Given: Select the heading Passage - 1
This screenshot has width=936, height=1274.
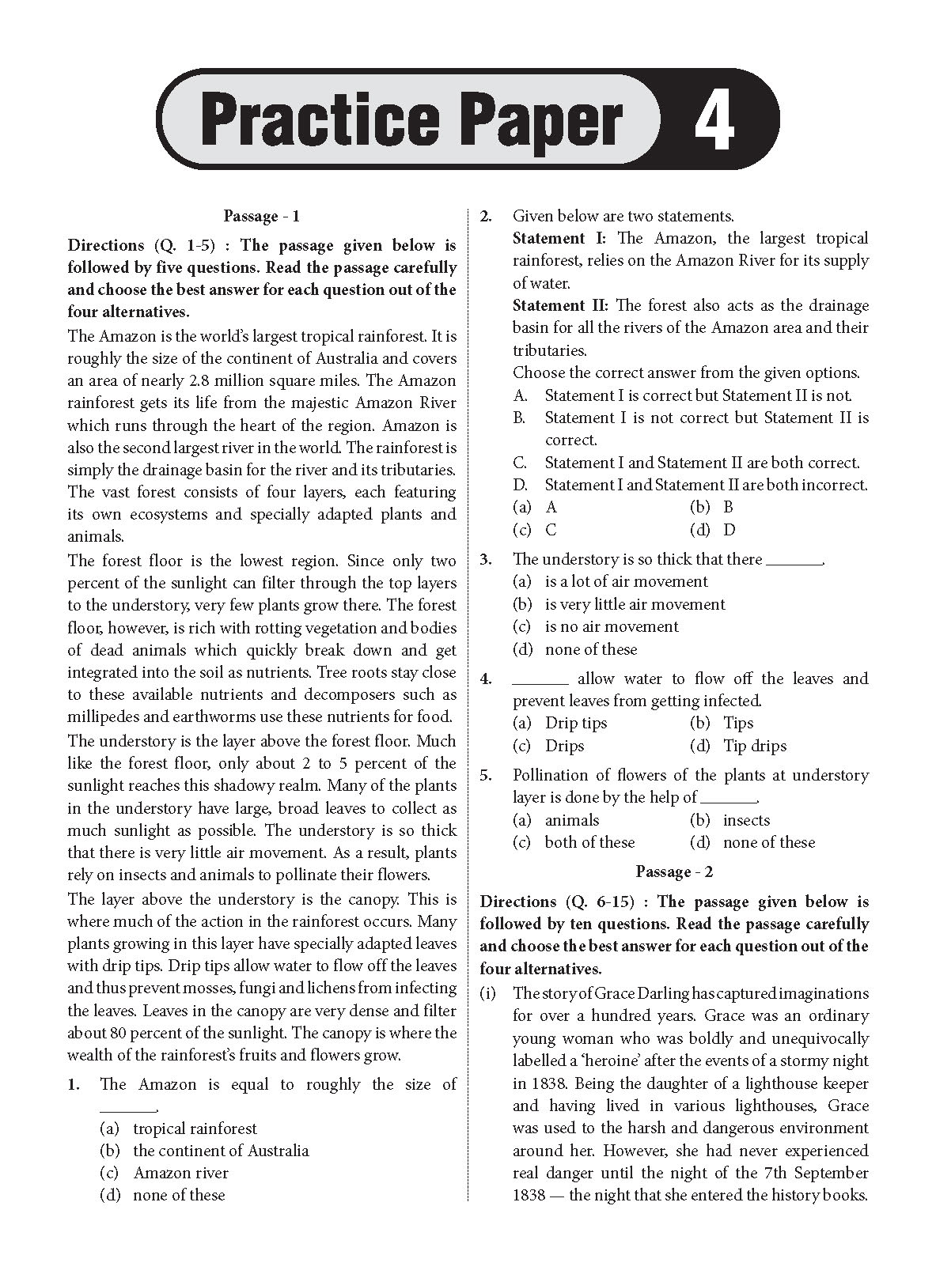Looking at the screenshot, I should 261,216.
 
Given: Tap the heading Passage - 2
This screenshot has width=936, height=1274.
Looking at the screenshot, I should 674,872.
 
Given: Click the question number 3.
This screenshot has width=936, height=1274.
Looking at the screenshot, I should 487,559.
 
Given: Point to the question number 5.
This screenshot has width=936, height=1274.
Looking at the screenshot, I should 487,775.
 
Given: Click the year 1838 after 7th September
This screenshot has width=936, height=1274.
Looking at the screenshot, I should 529,1195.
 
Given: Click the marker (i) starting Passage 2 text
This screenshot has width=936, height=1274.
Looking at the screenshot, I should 489,993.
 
